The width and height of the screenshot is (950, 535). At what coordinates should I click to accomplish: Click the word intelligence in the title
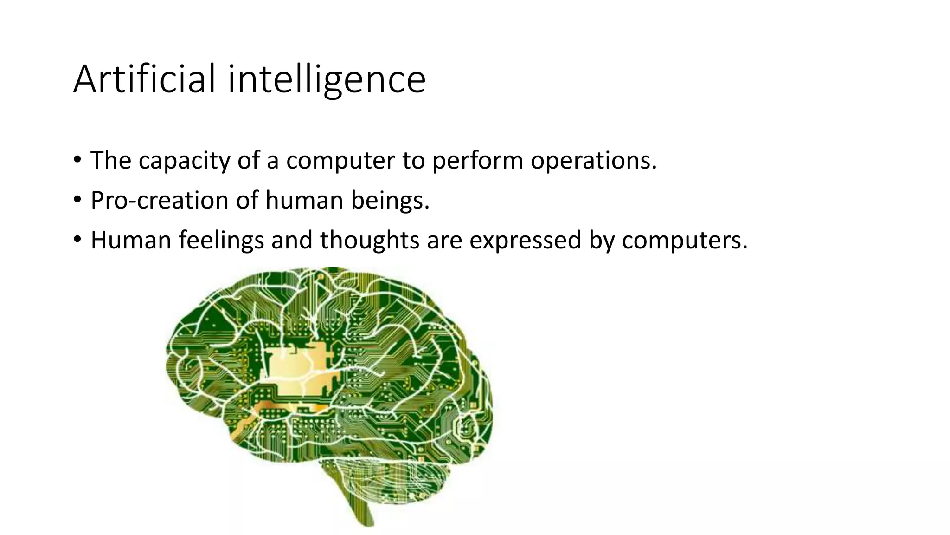coord(327,80)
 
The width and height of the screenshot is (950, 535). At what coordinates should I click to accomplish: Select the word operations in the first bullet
coord(593,161)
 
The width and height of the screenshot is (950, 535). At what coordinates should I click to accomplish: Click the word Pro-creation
coord(159,201)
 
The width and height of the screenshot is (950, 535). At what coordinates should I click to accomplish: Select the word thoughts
coord(369,241)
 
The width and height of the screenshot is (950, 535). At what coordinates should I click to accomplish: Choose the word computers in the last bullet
coord(684,241)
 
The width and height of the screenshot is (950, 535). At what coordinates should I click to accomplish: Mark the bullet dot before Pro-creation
coord(77,200)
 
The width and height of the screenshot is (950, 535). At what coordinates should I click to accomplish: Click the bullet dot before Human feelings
coord(77,240)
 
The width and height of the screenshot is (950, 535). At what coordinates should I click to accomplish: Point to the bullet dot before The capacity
coord(77,160)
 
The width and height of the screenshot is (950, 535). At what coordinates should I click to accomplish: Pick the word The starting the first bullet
coord(111,161)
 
